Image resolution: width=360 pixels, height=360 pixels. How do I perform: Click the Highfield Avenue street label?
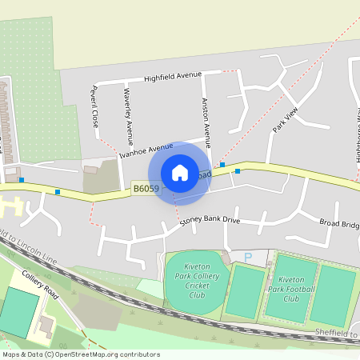172,77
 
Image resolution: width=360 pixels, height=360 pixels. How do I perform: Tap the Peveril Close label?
94,107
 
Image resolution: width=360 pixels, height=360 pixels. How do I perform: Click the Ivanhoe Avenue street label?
146,150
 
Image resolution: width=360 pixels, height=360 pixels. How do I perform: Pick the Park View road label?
285,118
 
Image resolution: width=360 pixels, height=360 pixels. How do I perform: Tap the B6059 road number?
146,189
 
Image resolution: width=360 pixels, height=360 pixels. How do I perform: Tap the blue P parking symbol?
247,256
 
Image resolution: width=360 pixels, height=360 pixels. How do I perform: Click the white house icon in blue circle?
180,173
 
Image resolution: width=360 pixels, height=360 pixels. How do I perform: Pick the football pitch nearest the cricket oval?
245,290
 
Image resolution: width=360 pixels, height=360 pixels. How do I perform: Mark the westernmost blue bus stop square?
22,180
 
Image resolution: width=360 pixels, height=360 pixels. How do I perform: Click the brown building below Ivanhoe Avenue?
90,170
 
